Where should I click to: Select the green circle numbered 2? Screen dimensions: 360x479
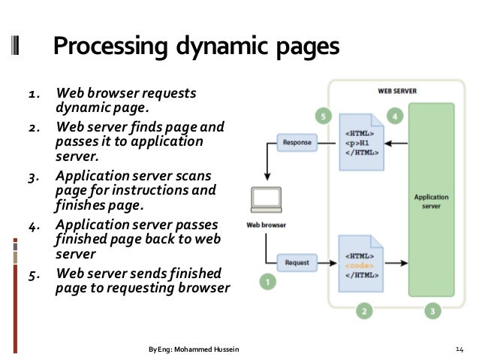(363, 310)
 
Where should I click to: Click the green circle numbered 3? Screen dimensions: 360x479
(432, 310)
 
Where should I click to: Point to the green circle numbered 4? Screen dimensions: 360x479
(395, 116)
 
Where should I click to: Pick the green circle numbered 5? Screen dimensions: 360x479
(324, 116)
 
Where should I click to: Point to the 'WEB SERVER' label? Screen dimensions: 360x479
(397, 91)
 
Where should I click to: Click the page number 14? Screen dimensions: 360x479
(461, 349)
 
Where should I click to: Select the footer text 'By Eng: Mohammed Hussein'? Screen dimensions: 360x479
(193, 349)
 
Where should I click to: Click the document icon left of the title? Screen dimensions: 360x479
(16, 47)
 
